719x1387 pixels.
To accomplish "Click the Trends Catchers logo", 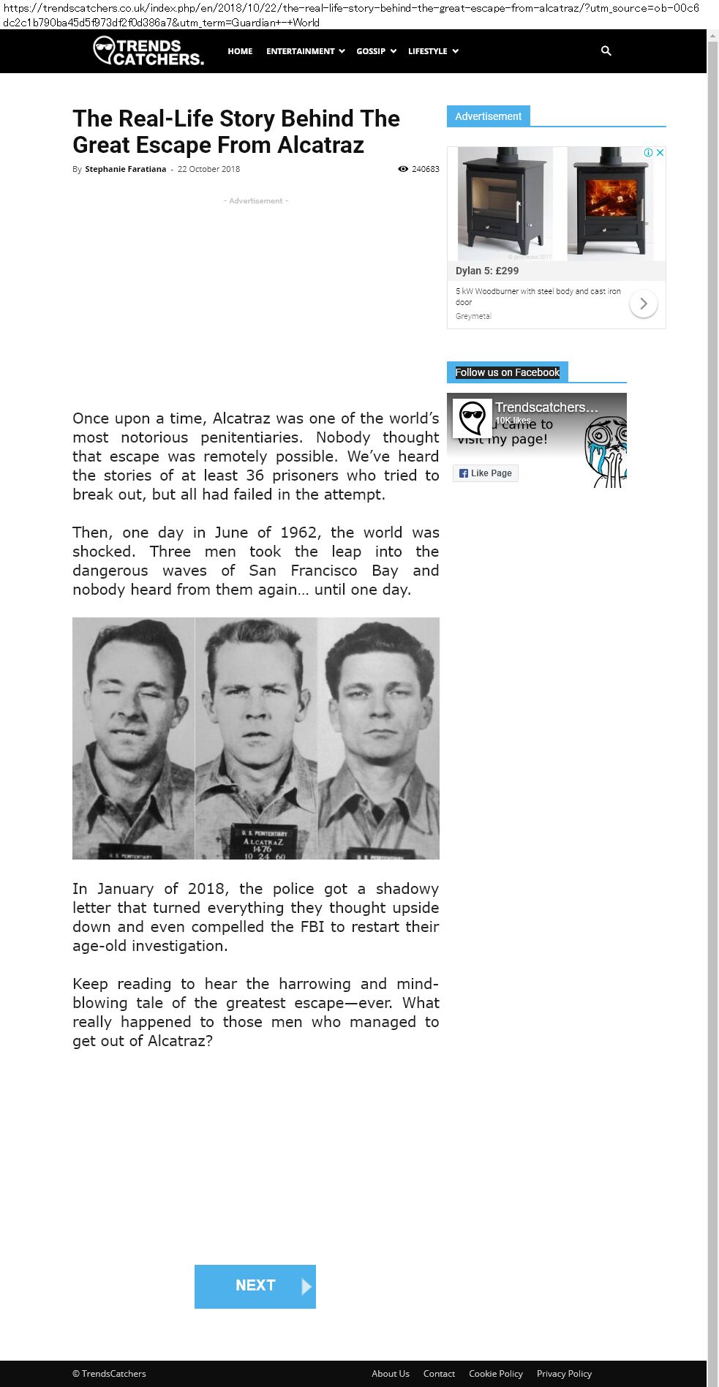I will (148, 51).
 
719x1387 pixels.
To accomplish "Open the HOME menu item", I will (240, 51).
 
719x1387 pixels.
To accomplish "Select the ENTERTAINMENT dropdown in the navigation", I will (305, 51).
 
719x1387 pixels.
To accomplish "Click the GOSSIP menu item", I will (376, 51).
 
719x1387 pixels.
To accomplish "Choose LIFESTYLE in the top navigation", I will (433, 51).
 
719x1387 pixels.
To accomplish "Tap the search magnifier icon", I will (606, 50).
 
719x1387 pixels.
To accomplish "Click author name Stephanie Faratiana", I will (125, 169).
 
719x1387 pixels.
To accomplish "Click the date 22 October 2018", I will (208, 169).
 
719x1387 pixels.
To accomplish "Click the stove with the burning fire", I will (610, 203).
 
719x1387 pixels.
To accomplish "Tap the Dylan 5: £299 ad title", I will (487, 271).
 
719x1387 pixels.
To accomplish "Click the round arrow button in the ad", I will (644, 304).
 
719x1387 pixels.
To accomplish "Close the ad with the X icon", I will (660, 153).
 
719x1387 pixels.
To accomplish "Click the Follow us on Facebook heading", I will (507, 372).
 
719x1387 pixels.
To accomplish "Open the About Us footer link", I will (390, 1373).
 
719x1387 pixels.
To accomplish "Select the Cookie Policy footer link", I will (495, 1373).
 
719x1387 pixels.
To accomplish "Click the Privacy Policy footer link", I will (564, 1373).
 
